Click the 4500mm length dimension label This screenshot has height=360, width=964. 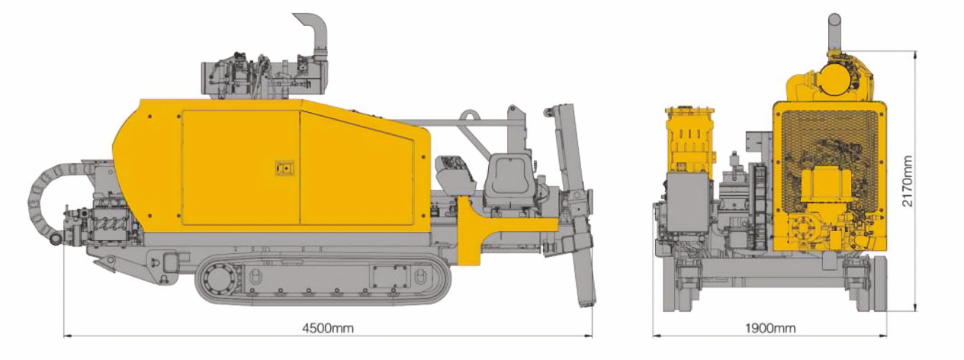[328, 329]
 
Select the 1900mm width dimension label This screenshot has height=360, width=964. [770, 329]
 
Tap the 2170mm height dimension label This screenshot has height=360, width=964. [907, 182]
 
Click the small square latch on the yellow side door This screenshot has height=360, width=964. [285, 168]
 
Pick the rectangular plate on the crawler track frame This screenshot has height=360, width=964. [390, 277]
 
